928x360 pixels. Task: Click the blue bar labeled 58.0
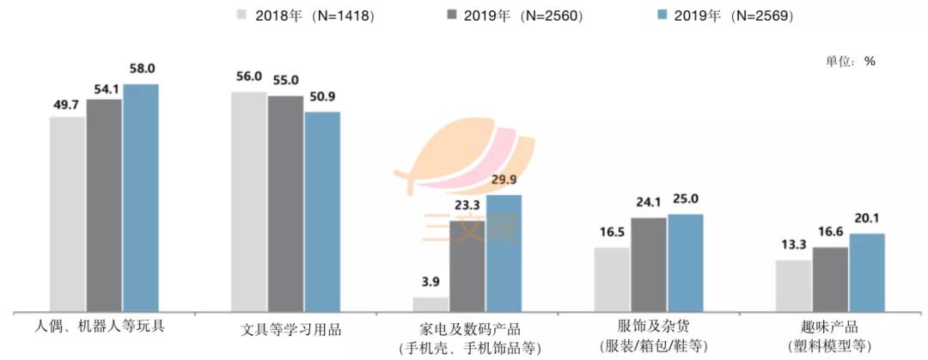pos(140,198)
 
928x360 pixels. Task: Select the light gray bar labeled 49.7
pos(67,214)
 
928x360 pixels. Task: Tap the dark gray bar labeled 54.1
pos(104,205)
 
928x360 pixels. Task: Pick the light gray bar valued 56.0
pos(249,201)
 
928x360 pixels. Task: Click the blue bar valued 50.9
pos(322,211)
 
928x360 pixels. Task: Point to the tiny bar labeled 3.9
pos(430,304)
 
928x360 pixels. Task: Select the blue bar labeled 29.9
pos(504,253)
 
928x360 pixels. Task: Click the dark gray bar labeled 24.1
pos(649,265)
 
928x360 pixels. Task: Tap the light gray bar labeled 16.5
pos(612,279)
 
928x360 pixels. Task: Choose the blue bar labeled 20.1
pos(866,272)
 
